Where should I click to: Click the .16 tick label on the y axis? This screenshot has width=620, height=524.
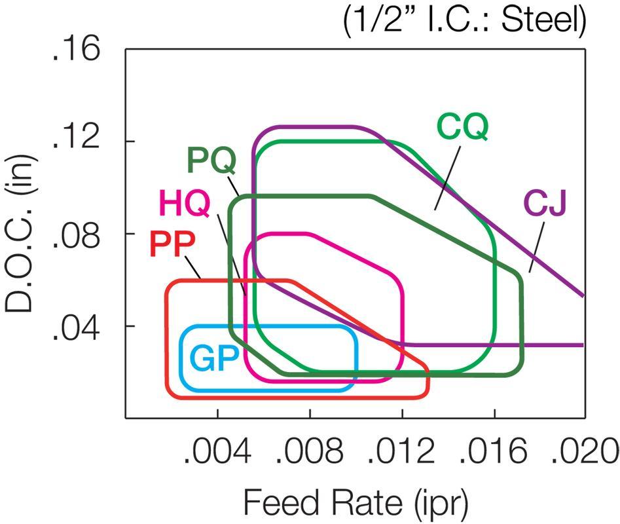coord(78,51)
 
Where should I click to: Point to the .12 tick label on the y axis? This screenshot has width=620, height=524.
coord(78,141)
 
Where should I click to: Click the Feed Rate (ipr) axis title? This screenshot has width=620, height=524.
coord(356,503)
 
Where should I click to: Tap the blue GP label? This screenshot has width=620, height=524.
coord(213,359)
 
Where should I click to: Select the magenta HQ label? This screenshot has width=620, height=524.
coord(185,206)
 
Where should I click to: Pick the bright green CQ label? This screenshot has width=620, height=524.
coord(462,126)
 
